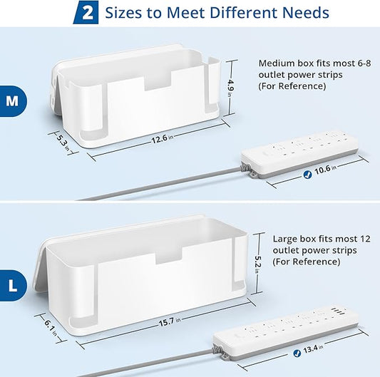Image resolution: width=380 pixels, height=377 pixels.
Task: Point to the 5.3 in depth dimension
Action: (x=63, y=138)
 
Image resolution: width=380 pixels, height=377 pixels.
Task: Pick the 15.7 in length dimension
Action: (x=168, y=323)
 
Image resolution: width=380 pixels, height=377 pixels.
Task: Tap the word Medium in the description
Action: (x=277, y=62)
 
